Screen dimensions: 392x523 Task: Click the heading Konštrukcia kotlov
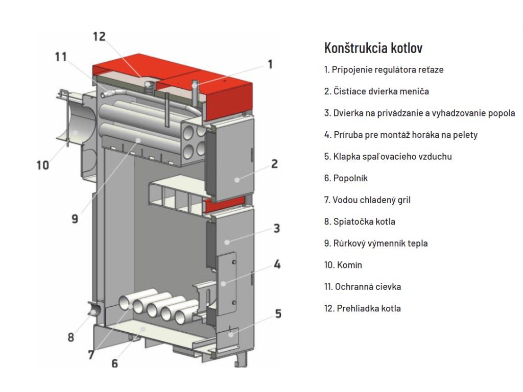(373, 48)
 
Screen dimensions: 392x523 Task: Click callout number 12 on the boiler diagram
(99, 37)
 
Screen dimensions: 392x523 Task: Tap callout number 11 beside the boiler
(61, 57)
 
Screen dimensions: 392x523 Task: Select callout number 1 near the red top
(270, 64)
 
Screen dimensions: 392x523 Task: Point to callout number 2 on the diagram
(274, 164)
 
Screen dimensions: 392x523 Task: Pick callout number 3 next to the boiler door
(276, 228)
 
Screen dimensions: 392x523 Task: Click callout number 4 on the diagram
(276, 264)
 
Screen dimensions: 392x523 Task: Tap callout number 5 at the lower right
(278, 313)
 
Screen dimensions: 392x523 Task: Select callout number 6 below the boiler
(114, 363)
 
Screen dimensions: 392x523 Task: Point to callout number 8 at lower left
(70, 337)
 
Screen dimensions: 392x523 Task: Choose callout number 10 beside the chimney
(43, 165)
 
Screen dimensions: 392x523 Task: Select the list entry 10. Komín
(343, 265)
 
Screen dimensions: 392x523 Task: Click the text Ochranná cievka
(368, 286)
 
